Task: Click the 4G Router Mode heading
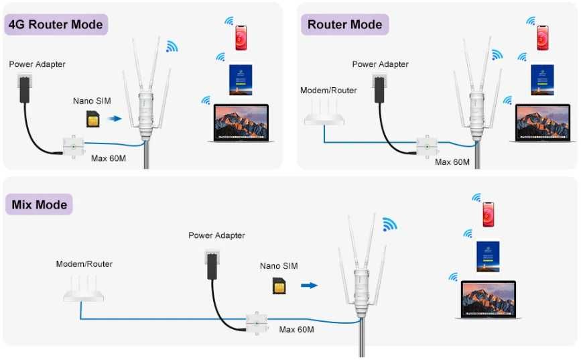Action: [x=56, y=25]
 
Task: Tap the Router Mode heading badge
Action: [x=344, y=25]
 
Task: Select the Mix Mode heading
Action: [x=40, y=204]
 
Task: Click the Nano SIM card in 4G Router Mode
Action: [x=92, y=119]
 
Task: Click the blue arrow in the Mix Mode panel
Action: [x=309, y=285]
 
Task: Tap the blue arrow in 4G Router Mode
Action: [x=116, y=119]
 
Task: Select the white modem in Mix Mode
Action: [x=84, y=290]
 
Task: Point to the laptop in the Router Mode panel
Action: [x=542, y=123]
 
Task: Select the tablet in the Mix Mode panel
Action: [x=488, y=255]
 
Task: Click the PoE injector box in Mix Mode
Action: [x=257, y=322]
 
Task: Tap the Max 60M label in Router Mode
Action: [x=452, y=162]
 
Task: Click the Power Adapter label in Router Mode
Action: [x=380, y=64]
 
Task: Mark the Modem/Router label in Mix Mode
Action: [x=84, y=264]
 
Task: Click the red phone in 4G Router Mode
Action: [x=241, y=38]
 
